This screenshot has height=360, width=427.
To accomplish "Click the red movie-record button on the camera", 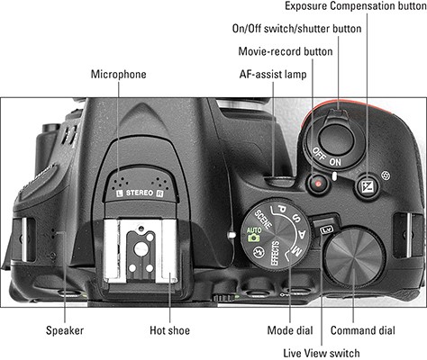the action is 318,183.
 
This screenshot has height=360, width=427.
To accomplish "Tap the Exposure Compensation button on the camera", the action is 368,186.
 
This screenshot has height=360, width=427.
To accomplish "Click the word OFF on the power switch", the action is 319,154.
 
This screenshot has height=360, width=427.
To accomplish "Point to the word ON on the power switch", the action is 335,162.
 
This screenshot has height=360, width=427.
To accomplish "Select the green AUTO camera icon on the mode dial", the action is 254,234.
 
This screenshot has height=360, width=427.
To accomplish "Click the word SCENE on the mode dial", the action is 263,219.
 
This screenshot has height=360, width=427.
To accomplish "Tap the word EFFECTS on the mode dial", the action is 275,253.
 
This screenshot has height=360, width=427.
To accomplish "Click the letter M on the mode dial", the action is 296,251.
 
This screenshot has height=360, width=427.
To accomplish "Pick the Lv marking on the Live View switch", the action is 326,230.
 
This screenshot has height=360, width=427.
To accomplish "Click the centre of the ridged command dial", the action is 354,257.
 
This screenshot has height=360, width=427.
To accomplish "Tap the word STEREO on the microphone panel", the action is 140,193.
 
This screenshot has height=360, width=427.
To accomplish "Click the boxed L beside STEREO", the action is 120,193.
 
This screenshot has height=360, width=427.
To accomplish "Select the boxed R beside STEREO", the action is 159,193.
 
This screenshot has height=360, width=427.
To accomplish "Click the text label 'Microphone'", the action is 119,75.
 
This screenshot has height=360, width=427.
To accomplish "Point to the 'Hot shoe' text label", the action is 169,330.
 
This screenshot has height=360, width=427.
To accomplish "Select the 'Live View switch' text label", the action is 322,353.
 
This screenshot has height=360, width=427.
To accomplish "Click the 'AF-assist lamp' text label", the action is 273,75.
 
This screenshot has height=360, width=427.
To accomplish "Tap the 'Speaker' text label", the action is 65,331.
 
